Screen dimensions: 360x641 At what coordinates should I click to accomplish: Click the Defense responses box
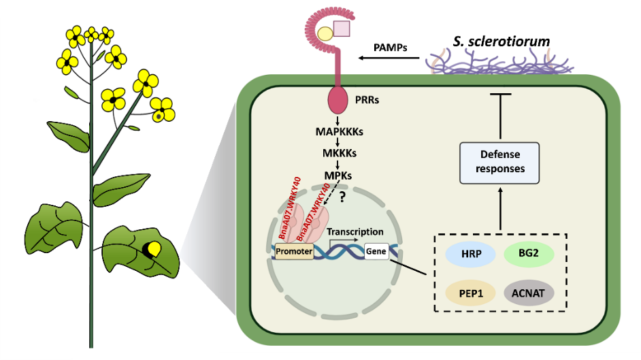pyautogui.click(x=500, y=162)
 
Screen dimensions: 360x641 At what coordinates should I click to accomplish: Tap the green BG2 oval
pyautogui.click(x=529, y=254)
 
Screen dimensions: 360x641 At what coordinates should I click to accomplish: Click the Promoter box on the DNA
pyautogui.click(x=294, y=252)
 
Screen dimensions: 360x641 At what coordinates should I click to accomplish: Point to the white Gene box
pyautogui.click(x=376, y=252)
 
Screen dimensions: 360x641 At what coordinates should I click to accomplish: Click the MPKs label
pyautogui.click(x=338, y=175)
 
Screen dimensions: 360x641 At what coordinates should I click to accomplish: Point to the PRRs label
pyautogui.click(x=367, y=101)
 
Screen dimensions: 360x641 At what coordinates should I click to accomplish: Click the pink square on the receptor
pyautogui.click(x=341, y=29)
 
